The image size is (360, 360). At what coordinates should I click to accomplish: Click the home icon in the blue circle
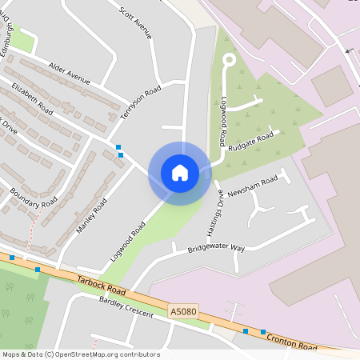coord(180,173)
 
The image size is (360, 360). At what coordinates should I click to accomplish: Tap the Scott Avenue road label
coord(134,23)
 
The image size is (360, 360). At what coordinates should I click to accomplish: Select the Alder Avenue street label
coord(70,73)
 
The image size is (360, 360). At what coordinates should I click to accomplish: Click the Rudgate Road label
coord(250,141)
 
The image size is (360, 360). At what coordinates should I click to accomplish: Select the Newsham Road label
coord(252,183)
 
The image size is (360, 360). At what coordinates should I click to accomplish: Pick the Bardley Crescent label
coord(126,307)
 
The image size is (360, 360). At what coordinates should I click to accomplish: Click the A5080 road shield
coord(183,311)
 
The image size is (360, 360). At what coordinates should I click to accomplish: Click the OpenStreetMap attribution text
coord(81,354)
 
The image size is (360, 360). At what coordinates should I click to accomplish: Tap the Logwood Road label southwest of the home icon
coord(128,239)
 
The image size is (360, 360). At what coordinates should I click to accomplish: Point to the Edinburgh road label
coord(9,34)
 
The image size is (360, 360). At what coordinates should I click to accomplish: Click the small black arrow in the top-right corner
coord(348,50)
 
